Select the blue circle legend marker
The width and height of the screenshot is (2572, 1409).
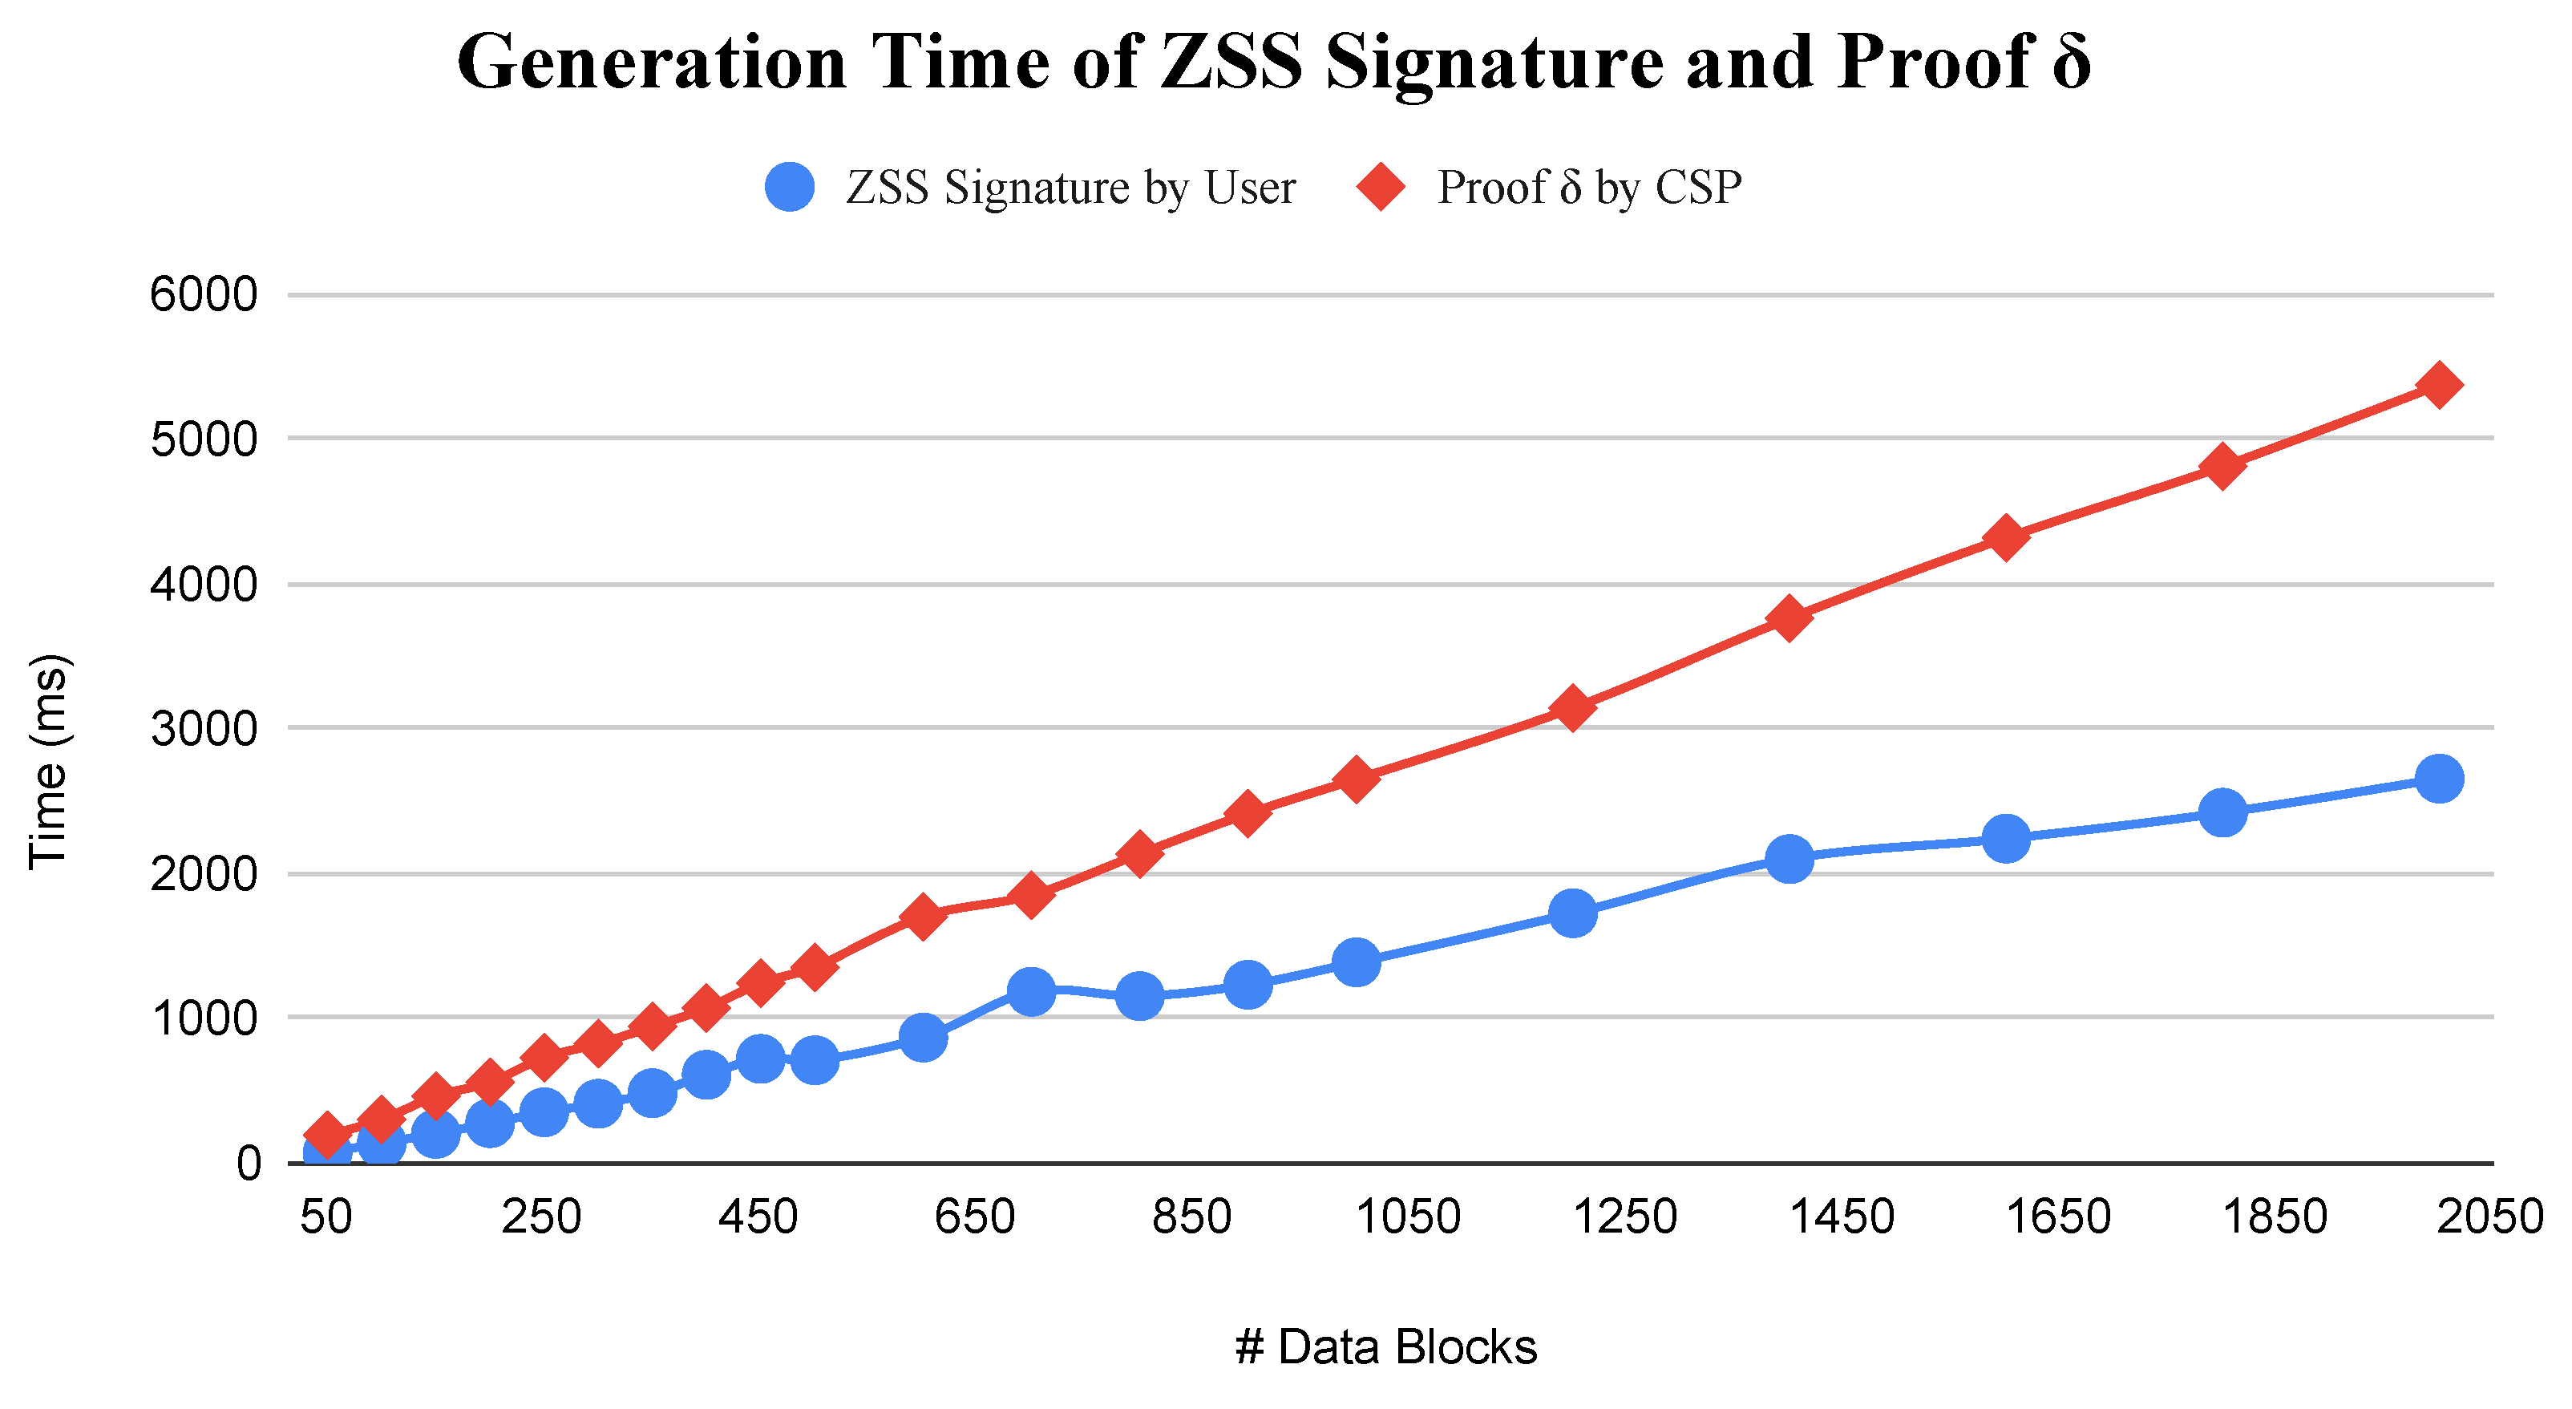[790, 187]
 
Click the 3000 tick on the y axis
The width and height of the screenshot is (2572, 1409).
[204, 729]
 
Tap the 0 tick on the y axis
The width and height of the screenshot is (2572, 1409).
[249, 1164]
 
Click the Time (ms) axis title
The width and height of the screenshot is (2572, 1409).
[47, 762]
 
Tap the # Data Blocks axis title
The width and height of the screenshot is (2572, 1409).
[1386, 1346]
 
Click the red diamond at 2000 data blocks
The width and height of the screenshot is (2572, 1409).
[2439, 386]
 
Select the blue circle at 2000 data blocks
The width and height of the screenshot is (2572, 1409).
[2439, 778]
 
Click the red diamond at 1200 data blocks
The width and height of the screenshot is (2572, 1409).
[1572, 708]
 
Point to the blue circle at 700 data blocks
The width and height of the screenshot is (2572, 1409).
[1031, 990]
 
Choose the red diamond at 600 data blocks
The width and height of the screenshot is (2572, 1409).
[924, 916]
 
